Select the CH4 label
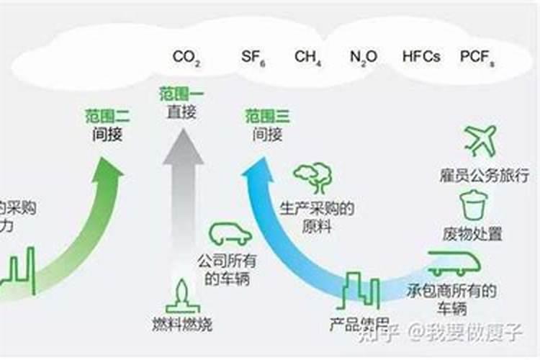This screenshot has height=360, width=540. [x=307, y=57]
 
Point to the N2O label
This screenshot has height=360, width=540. [x=364, y=57]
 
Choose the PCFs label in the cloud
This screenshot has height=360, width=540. [x=477, y=57]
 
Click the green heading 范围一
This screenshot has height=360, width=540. [x=181, y=94]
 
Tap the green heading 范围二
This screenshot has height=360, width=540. [x=107, y=115]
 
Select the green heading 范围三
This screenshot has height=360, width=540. [x=267, y=115]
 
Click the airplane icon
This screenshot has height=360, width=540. [x=481, y=140]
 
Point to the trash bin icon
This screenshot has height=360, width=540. [x=473, y=205]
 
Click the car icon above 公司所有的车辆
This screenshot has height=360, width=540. [x=230, y=233]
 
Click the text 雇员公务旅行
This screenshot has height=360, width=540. [x=484, y=174]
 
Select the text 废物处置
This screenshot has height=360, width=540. [x=473, y=234]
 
